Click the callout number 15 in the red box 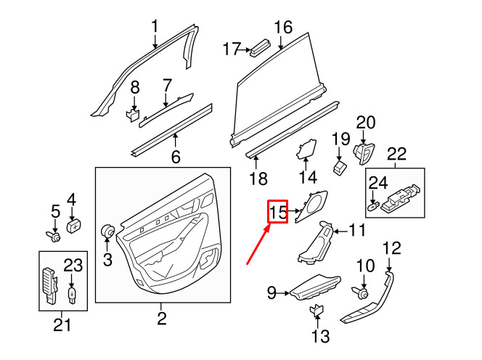pyautogui.click(x=278, y=212)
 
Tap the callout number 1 pyautogui.click(x=155, y=26)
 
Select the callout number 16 pyautogui.click(x=283, y=27)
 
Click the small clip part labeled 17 pyautogui.click(x=260, y=48)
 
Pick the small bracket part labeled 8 pyautogui.click(x=133, y=114)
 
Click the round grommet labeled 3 pyautogui.click(x=108, y=231)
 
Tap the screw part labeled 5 pyautogui.click(x=53, y=236)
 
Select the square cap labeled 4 pyautogui.click(x=74, y=226)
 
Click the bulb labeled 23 pyautogui.click(x=72, y=295)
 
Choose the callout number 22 pyautogui.click(x=396, y=154)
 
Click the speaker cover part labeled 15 pyautogui.click(x=311, y=206)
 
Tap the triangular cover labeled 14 pyautogui.click(x=306, y=150)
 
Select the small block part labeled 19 pyautogui.click(x=340, y=168)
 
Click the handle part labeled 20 pyautogui.click(x=364, y=153)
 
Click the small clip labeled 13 pyautogui.click(x=316, y=311)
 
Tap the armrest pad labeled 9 pyautogui.click(x=315, y=287)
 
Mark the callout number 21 pyautogui.click(x=62, y=325)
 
